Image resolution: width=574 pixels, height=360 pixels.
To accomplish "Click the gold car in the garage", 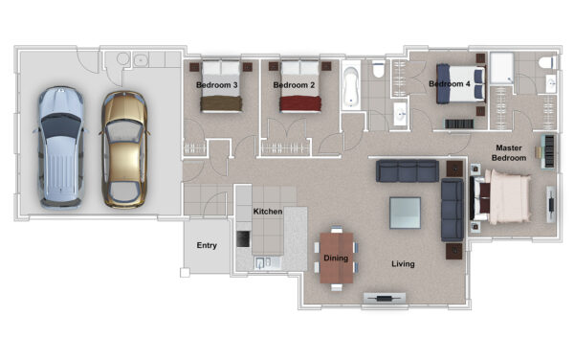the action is pyautogui.click(x=124, y=149).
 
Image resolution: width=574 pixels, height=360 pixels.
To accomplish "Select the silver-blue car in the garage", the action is pyautogui.click(x=60, y=147).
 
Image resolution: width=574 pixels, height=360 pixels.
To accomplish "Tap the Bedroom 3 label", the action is pyautogui.click(x=217, y=85).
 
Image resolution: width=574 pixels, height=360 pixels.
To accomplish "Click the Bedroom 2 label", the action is pyautogui.click(x=294, y=85).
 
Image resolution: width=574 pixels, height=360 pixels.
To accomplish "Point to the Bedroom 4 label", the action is pyautogui.click(x=450, y=84).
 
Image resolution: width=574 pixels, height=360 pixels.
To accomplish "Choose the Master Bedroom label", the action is pyautogui.click(x=509, y=153).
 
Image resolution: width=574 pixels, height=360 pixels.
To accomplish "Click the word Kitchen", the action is pyautogui.click(x=268, y=212).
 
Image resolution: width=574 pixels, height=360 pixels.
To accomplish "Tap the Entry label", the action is pyautogui.click(x=207, y=245).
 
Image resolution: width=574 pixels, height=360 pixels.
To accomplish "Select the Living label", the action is pyautogui.click(x=403, y=263).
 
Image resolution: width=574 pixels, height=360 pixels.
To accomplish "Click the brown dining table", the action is pyautogui.click(x=337, y=258).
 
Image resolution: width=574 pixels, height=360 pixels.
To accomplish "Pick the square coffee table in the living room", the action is pyautogui.click(x=405, y=213).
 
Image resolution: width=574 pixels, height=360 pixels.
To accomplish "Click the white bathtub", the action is pyautogui.click(x=351, y=88).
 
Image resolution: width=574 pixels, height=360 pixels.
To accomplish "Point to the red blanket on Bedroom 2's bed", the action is pyautogui.click(x=300, y=103).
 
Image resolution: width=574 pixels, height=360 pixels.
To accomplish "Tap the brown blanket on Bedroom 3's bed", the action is pyautogui.click(x=221, y=103).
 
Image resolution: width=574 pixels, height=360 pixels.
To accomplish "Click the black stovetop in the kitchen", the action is pyautogui.click(x=243, y=238).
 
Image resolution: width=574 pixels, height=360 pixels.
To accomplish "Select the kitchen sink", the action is pyautogui.click(x=263, y=262).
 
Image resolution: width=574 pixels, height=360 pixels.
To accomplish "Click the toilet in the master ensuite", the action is pyautogui.click(x=547, y=62).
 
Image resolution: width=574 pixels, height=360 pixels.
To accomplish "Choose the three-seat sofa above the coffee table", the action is pyautogui.click(x=408, y=170).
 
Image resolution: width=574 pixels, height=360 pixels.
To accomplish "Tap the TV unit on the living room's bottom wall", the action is pyautogui.click(x=385, y=298).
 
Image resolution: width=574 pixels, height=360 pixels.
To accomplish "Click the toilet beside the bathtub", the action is pyautogui.click(x=378, y=70).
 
